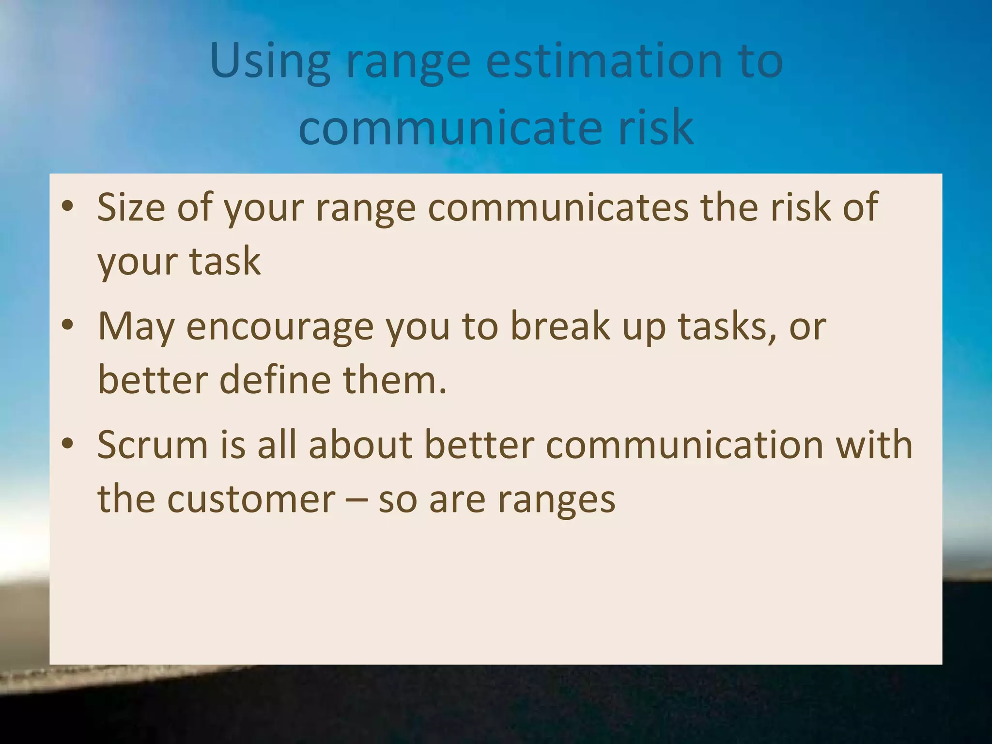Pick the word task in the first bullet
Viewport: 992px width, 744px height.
pyautogui.click(x=225, y=262)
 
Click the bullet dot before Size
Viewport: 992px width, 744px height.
pyautogui.click(x=68, y=206)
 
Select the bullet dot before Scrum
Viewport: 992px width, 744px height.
pyautogui.click(x=68, y=443)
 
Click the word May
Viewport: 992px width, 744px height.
pyautogui.click(x=136, y=326)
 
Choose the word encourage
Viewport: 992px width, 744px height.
pyautogui.click(x=280, y=326)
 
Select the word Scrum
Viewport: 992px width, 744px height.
pyautogui.click(x=153, y=445)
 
